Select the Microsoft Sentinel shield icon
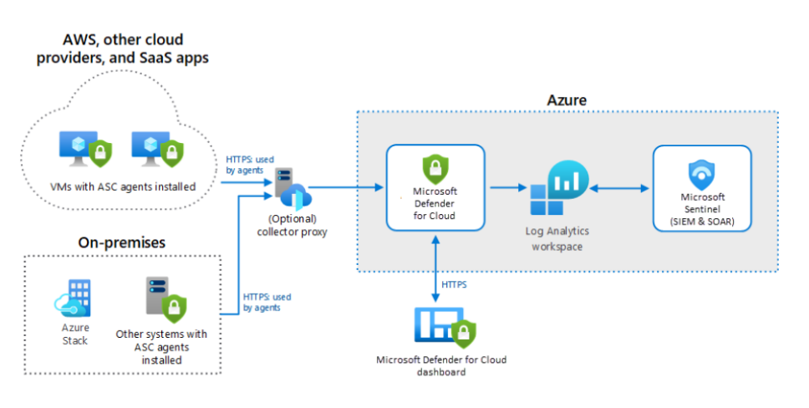click(701, 175)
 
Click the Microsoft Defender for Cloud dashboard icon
click(443, 328)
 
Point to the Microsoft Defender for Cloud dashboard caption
click(441, 366)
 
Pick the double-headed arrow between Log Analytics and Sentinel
click(620, 190)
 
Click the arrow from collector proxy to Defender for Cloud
click(347, 190)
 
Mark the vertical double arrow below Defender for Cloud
click(435, 266)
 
